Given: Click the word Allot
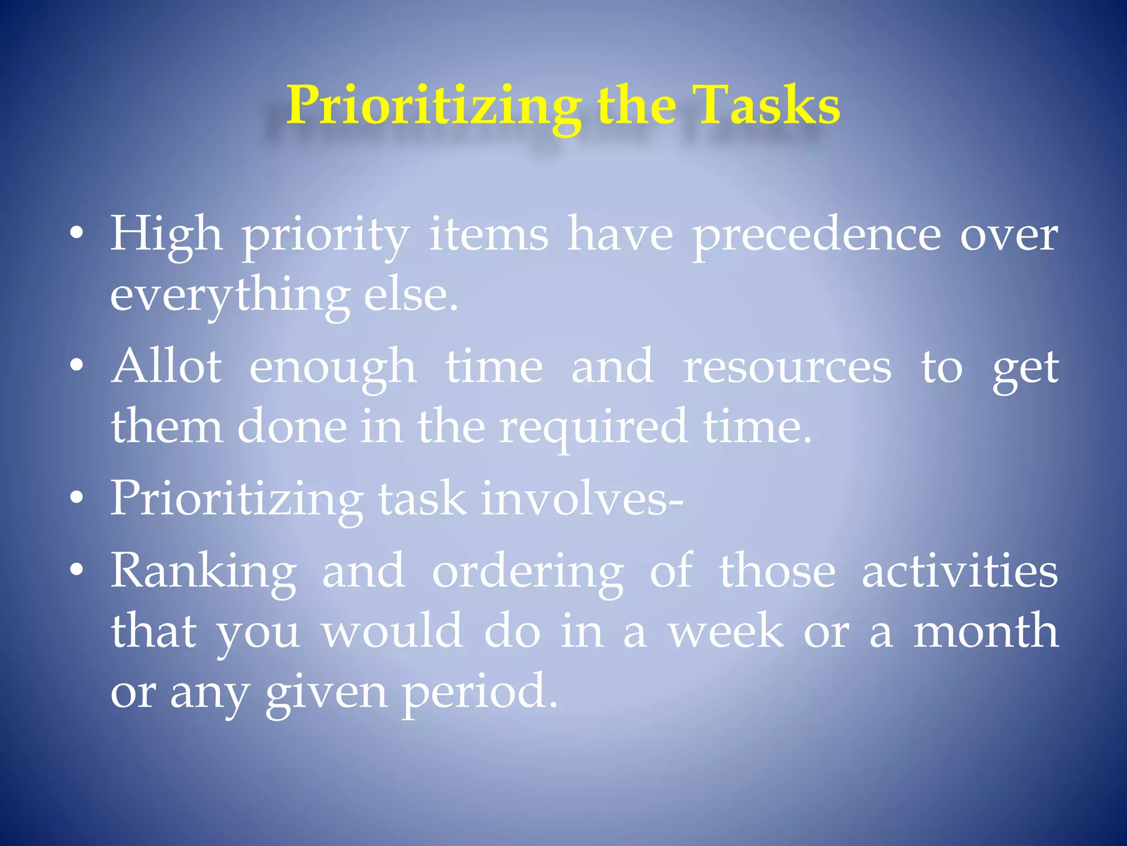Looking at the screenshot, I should pos(167,366).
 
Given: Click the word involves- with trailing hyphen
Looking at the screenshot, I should pos(582,498).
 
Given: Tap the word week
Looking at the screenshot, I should pos(726,632).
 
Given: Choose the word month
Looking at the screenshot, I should pos(986,632).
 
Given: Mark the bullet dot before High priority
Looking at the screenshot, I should pos(77,234).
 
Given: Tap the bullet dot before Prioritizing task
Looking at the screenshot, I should pos(77,498).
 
